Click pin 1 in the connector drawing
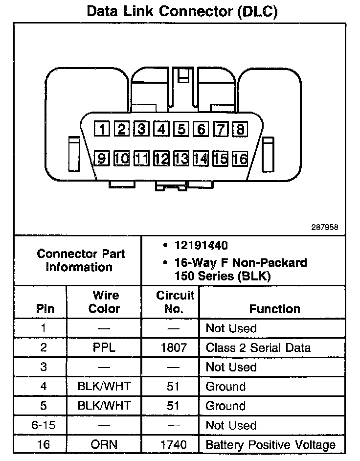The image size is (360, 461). [x=102, y=129]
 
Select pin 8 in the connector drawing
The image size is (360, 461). [x=240, y=129]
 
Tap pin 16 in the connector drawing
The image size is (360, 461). [x=240, y=158]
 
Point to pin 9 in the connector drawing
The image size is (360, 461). [x=102, y=158]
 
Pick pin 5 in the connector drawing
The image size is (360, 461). [x=181, y=129]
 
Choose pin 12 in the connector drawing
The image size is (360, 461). [x=161, y=158]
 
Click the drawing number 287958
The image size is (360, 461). [x=324, y=228]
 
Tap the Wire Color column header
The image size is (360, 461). [x=105, y=302]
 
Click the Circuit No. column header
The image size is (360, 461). [x=175, y=302]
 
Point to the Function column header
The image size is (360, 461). [x=274, y=309]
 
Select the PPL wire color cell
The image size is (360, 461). [x=105, y=348]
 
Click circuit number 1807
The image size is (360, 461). [x=173, y=348]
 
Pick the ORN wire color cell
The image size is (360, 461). [x=105, y=445]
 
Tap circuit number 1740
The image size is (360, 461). [x=173, y=445]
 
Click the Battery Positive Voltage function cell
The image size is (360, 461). [x=270, y=445]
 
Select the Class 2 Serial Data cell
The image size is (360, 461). [x=258, y=348]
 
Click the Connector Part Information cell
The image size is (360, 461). [x=81, y=261]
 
